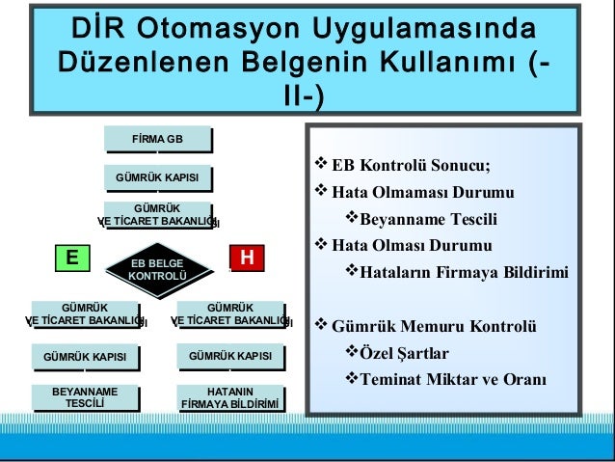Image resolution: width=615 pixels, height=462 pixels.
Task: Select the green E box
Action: click(71, 258)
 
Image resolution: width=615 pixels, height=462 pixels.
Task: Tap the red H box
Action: click(247, 258)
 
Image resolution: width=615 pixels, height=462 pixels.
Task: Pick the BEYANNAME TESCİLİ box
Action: click(85, 398)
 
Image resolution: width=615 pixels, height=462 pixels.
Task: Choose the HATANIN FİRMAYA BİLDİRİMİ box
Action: click(229, 398)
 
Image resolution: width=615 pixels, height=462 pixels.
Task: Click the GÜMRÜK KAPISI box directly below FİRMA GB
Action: click(157, 178)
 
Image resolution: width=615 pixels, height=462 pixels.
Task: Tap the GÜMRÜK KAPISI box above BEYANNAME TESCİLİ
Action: click(85, 358)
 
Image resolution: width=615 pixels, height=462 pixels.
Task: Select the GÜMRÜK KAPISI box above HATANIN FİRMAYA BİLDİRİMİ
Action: click(229, 358)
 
